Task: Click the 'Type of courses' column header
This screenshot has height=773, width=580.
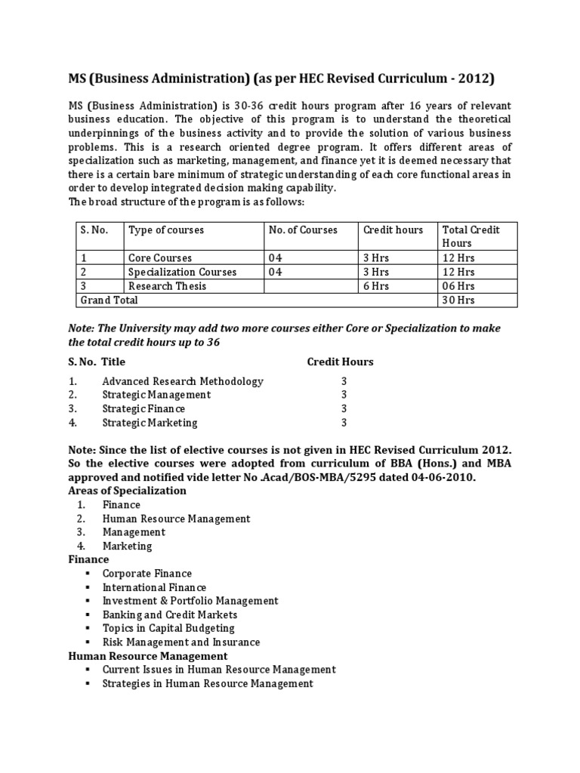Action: (x=165, y=229)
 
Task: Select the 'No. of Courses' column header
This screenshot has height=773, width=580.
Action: (x=303, y=229)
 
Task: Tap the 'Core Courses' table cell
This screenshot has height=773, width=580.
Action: (x=160, y=257)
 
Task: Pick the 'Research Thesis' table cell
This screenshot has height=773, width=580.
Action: (x=167, y=286)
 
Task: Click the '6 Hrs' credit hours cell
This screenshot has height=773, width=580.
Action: (x=376, y=286)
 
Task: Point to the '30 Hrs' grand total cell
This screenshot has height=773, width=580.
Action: (x=458, y=300)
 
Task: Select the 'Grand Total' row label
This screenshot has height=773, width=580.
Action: (x=110, y=300)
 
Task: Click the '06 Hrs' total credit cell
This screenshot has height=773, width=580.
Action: (x=458, y=286)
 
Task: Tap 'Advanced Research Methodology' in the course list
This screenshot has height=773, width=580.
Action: (x=183, y=381)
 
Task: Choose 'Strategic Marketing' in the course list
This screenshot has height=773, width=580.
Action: (x=150, y=423)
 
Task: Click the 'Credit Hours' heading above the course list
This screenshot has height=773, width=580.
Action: (x=340, y=362)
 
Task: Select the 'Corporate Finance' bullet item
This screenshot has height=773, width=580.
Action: (x=147, y=574)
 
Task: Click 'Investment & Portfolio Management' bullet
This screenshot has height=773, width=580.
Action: (x=190, y=601)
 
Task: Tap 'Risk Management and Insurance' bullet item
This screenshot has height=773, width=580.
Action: (x=181, y=642)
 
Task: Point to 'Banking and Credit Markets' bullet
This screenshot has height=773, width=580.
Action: (x=170, y=614)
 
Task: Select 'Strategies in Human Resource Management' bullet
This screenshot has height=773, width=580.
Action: (x=208, y=683)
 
